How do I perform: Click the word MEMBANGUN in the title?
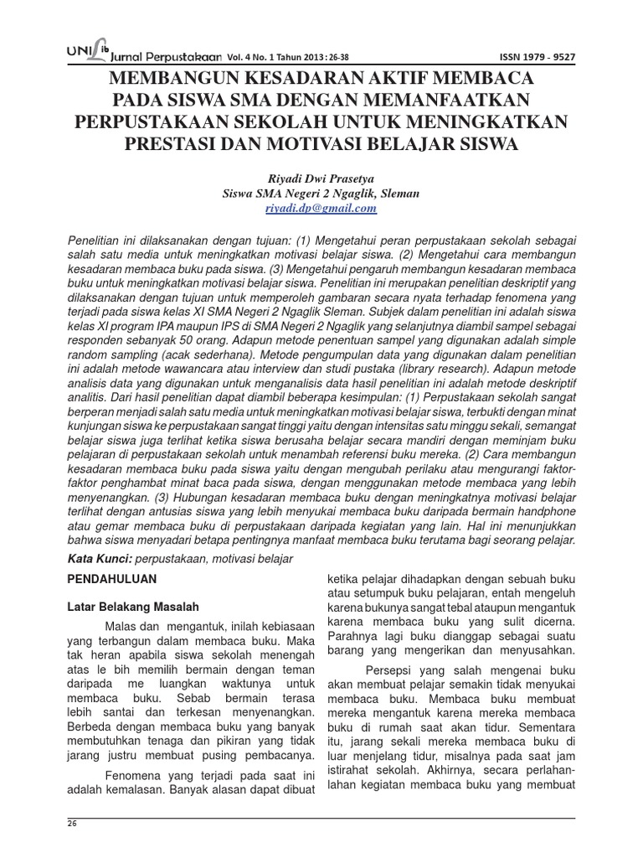[x=187, y=80]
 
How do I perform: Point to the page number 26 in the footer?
[x=71, y=825]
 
